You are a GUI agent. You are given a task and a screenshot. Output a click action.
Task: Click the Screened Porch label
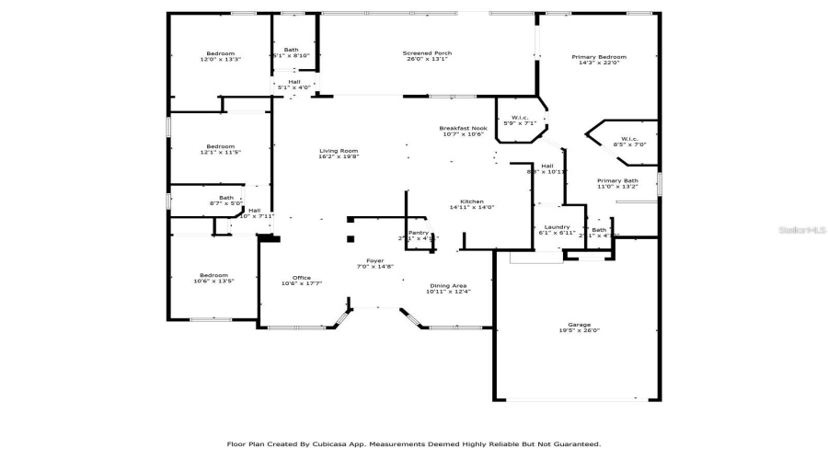point(428,53)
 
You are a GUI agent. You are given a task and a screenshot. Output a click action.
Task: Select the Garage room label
point(578,324)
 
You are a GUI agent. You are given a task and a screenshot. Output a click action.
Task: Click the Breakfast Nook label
point(463,128)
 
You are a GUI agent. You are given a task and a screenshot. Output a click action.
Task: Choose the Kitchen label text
point(472,201)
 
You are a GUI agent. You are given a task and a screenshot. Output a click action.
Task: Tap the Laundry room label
point(557,226)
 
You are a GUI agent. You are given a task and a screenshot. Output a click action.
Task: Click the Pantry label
point(419,233)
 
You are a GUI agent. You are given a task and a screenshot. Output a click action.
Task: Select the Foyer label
point(375,261)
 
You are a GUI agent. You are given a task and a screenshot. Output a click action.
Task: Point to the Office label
point(302,278)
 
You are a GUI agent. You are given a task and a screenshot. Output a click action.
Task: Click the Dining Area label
point(448,285)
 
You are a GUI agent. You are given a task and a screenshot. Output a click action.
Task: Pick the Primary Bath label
point(617,180)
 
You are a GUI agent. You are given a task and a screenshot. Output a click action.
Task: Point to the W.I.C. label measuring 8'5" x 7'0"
point(629,139)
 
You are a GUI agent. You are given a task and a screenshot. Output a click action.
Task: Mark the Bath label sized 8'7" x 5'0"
point(226,197)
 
